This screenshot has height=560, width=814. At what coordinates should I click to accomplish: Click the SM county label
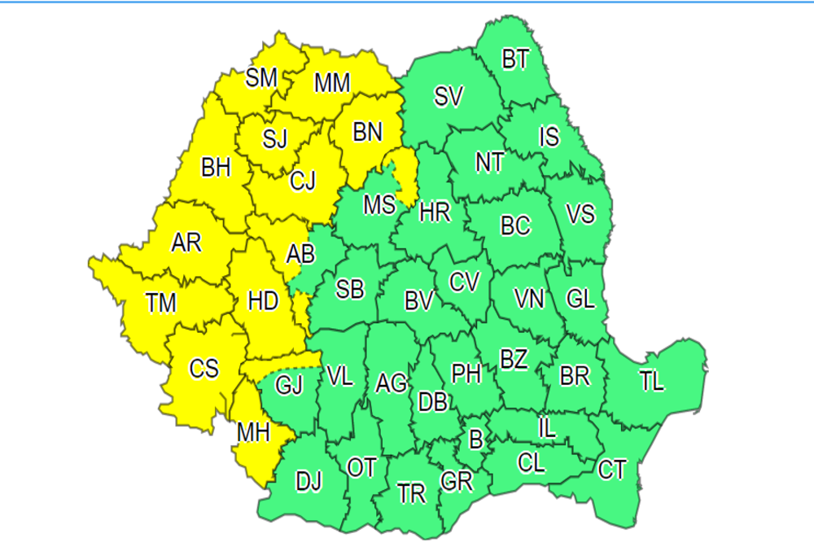point(261,77)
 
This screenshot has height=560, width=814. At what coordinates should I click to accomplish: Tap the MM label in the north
point(332,82)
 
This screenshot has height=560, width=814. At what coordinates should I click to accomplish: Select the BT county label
point(515,59)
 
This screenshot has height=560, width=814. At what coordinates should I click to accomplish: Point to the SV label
point(449,97)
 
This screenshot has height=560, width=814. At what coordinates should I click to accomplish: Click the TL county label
point(652,381)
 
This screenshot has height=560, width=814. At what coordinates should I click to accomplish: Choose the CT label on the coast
point(612,470)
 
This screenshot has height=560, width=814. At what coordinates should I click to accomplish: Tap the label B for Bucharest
point(476,440)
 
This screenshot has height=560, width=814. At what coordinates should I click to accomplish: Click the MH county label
point(253,432)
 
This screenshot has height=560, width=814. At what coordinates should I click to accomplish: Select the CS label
point(204,369)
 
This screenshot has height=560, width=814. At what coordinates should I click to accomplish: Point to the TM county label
point(161,304)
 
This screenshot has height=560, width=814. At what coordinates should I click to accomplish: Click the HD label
point(262,301)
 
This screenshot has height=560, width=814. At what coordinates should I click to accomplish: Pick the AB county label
point(300,254)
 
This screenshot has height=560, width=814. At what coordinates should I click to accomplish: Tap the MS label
point(379,204)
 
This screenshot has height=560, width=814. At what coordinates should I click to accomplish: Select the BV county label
point(418,301)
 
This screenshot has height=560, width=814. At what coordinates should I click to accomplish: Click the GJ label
point(289,385)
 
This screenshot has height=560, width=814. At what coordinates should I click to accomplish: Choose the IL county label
point(548,427)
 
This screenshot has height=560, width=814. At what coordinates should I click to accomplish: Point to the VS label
point(580,214)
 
